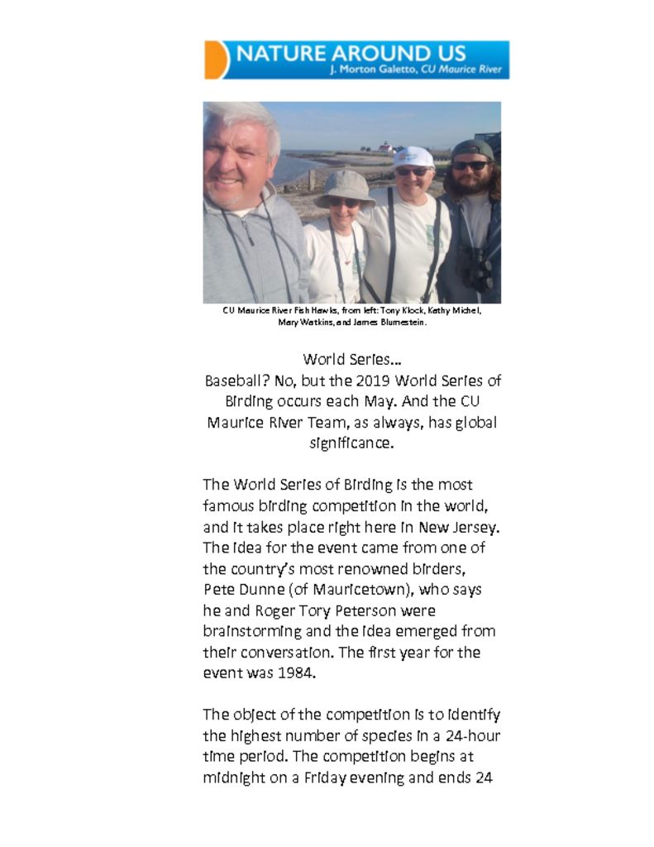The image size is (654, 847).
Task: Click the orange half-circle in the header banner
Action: (x=213, y=60)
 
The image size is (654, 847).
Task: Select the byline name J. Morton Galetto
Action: (x=373, y=69)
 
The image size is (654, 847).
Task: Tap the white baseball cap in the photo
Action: (x=413, y=156)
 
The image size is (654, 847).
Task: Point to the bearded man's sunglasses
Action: (x=470, y=165)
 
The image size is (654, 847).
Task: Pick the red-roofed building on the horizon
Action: (x=385, y=146)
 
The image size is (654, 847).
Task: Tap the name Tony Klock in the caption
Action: (x=398, y=311)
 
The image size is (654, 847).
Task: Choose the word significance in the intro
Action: (x=351, y=443)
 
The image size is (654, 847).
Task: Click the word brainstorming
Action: (x=246, y=631)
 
